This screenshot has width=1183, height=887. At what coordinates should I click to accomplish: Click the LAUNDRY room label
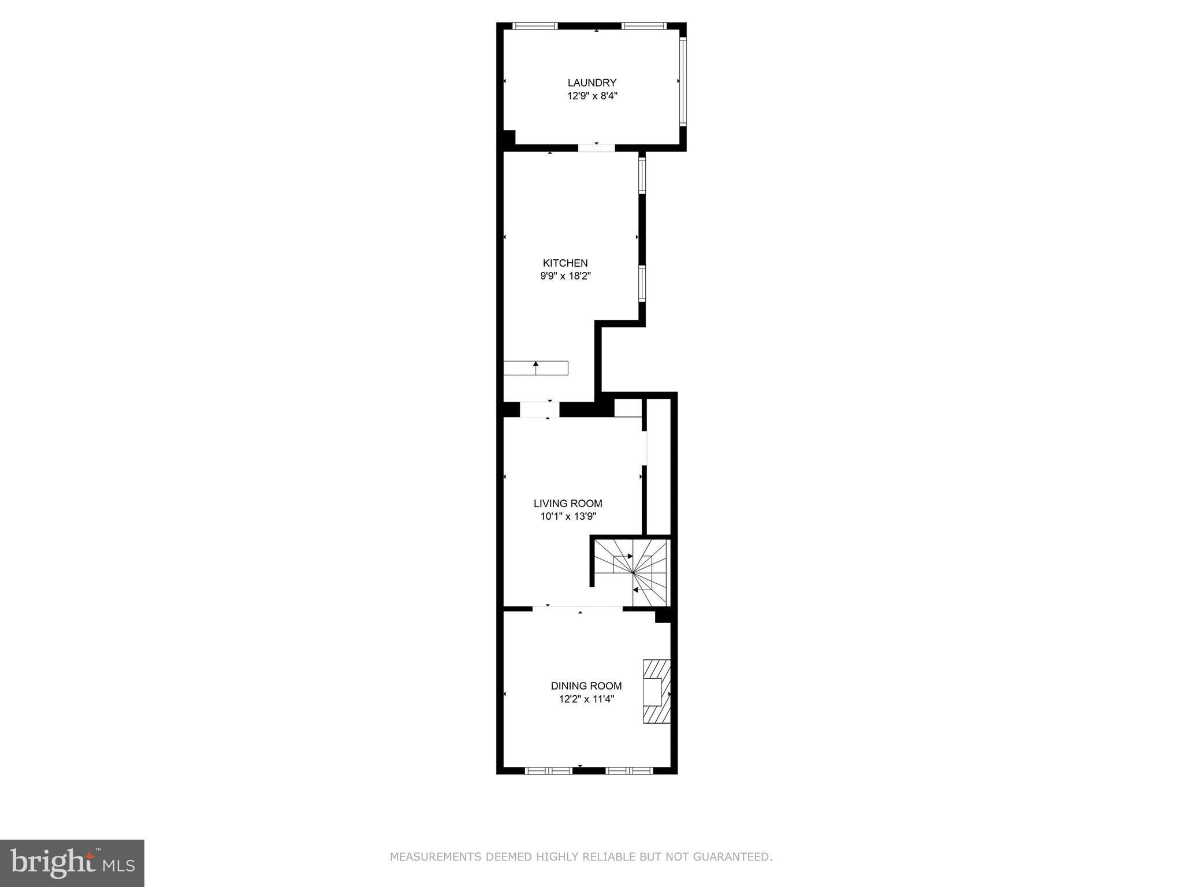(x=591, y=83)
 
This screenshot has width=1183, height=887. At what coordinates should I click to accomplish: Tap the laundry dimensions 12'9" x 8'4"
(x=592, y=96)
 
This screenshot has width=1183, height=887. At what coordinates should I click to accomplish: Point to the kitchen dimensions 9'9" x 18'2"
(x=565, y=276)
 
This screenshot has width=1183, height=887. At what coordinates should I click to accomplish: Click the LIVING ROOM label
(x=568, y=503)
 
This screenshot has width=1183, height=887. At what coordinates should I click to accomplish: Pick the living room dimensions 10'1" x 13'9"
(x=568, y=516)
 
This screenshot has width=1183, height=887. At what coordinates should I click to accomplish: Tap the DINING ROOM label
(x=586, y=685)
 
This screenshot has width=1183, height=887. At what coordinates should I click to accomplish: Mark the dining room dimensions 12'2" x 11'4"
(x=586, y=699)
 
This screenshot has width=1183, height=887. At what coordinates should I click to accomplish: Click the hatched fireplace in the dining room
(x=657, y=691)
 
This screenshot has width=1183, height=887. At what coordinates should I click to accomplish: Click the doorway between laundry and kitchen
(x=596, y=148)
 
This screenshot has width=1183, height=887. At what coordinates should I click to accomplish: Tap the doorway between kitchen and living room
(x=539, y=409)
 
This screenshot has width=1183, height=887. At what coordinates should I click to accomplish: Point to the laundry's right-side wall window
(x=682, y=81)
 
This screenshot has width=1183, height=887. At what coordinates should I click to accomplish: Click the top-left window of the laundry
(x=535, y=26)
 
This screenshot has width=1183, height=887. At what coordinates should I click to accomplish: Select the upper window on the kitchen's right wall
(x=641, y=175)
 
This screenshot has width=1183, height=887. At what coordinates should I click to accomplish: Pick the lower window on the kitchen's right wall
(x=641, y=283)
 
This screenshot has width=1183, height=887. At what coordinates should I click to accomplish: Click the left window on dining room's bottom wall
(x=548, y=770)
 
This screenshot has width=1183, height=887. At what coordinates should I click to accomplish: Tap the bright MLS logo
(x=72, y=863)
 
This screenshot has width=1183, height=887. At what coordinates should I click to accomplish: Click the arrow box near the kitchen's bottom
(x=535, y=368)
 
